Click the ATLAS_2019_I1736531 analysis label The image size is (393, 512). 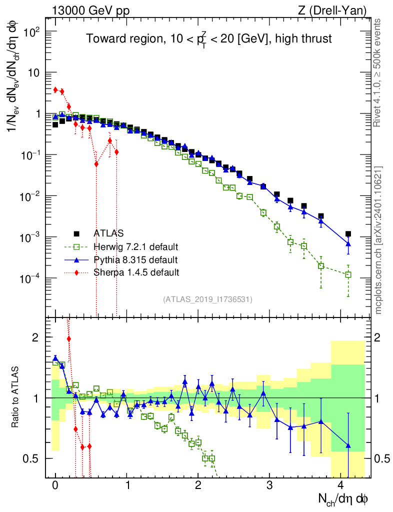coord(207,299)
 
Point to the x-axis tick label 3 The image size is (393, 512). coord(269,485)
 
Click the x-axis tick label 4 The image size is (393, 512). coord(341,485)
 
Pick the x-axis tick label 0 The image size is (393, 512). coord(55,485)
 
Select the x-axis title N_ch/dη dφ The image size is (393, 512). coord(344,499)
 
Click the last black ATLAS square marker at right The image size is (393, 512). coord(348,234)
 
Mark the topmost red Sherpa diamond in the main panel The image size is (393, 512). coord(55,89)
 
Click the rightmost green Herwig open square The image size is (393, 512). coord(348,274)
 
